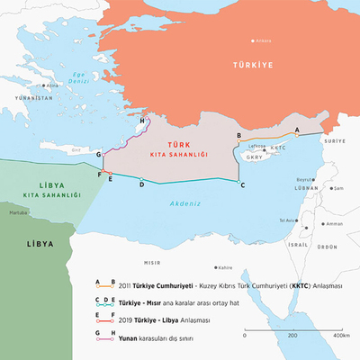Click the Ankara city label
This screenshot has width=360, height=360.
263,40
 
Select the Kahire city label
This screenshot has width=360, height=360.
225,266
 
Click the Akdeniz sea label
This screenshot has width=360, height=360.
184,203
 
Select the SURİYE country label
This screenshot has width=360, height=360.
335,142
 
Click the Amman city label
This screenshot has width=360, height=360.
334,223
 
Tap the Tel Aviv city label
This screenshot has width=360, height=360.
288,220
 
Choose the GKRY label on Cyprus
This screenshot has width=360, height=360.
256,157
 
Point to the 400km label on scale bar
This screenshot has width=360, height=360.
340,335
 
